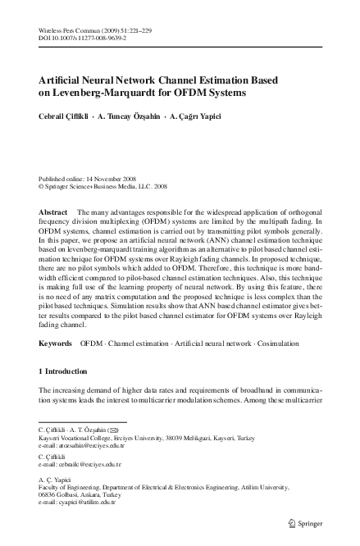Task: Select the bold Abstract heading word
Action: (53, 212)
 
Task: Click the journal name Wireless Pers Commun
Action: (71, 29)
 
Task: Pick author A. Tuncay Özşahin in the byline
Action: (137, 116)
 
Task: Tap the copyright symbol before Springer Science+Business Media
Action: (42, 186)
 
